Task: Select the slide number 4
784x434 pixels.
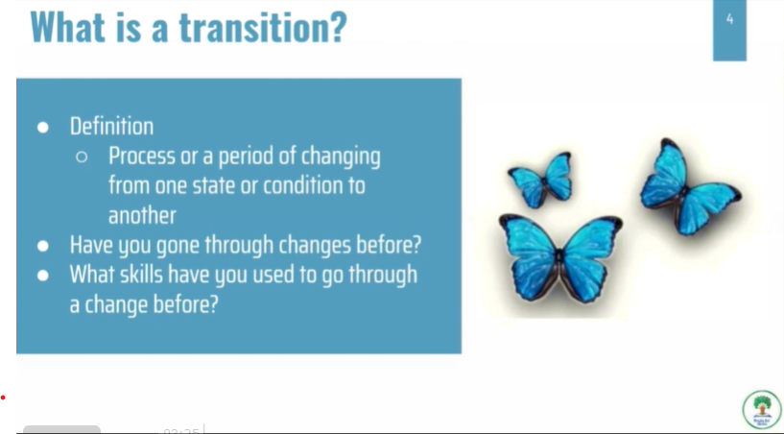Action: pyautogui.click(x=729, y=19)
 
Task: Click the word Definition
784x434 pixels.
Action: pyautogui.click(x=111, y=126)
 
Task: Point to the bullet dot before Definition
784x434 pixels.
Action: pyautogui.click(x=43, y=128)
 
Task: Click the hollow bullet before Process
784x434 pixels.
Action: pyautogui.click(x=82, y=157)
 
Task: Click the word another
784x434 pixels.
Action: pyautogui.click(x=142, y=216)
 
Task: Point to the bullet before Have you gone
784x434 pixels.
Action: pyautogui.click(x=43, y=246)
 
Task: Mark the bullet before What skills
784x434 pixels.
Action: pyautogui.click(x=43, y=276)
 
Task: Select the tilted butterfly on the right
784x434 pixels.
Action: pyautogui.click(x=689, y=187)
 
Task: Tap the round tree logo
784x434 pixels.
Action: pyautogui.click(x=762, y=409)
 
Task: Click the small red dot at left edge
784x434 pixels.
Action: pyautogui.click(x=3, y=398)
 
